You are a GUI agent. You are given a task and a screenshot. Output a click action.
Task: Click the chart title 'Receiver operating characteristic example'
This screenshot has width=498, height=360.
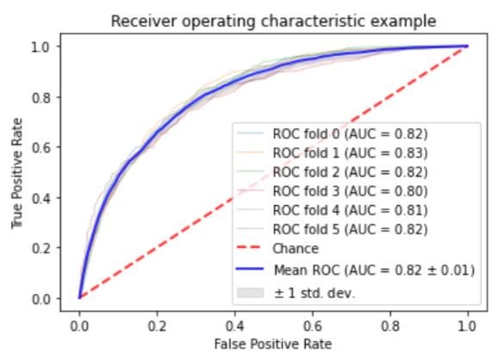[x=273, y=22]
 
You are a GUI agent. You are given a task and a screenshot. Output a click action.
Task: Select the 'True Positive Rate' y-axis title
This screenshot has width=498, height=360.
[x=17, y=173]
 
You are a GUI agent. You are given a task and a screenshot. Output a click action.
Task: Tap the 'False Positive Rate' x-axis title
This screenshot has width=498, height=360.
[x=273, y=344]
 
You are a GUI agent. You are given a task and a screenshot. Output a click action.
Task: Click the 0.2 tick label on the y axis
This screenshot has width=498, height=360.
[x=40, y=248]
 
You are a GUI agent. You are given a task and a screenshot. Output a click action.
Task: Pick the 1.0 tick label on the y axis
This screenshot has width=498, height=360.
[x=40, y=47]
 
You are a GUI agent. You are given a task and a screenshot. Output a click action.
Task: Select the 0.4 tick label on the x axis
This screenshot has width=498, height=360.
[x=235, y=326]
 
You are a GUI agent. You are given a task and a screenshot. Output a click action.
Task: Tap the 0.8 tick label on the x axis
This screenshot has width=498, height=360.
[x=390, y=326]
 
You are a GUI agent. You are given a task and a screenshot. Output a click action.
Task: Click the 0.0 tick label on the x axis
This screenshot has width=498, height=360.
[x=79, y=326]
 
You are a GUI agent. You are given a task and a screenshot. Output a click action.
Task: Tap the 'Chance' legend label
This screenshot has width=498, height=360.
[x=296, y=249]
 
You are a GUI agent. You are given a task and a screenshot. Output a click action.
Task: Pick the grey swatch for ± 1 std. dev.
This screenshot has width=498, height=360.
[x=250, y=293]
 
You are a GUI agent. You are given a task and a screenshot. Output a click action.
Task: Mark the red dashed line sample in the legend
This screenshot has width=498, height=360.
[x=250, y=248]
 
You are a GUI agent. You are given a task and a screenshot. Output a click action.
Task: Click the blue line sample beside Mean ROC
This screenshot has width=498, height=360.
[x=250, y=270]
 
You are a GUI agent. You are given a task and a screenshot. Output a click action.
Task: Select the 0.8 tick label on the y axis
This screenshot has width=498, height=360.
[x=40, y=97]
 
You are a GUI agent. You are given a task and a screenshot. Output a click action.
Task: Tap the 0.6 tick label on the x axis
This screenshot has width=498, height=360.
[x=313, y=326]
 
